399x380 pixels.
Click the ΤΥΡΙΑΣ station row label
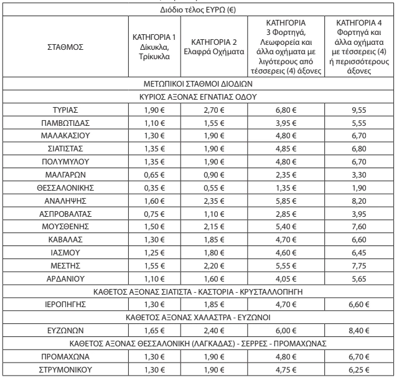coord(64,109)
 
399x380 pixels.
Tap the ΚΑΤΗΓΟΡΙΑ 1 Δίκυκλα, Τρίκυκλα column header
coord(153,47)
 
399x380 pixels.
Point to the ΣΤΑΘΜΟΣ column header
coord(64,47)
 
